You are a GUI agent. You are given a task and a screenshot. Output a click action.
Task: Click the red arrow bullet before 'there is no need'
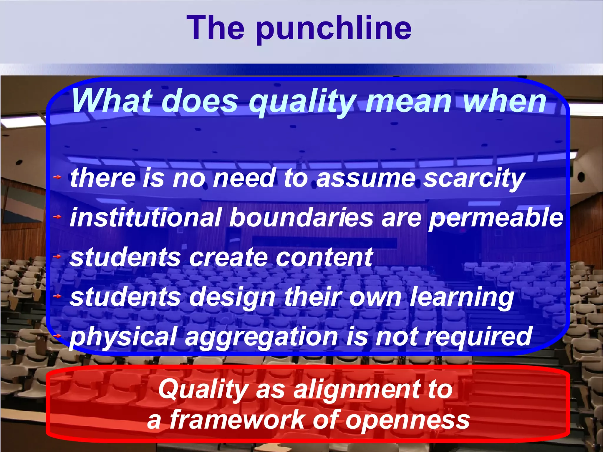(57, 177)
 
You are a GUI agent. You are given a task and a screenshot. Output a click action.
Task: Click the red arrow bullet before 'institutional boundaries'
(57, 217)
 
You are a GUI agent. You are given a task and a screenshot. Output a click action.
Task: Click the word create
(228, 257)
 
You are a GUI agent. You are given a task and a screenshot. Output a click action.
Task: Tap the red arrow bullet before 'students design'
(57, 296)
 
